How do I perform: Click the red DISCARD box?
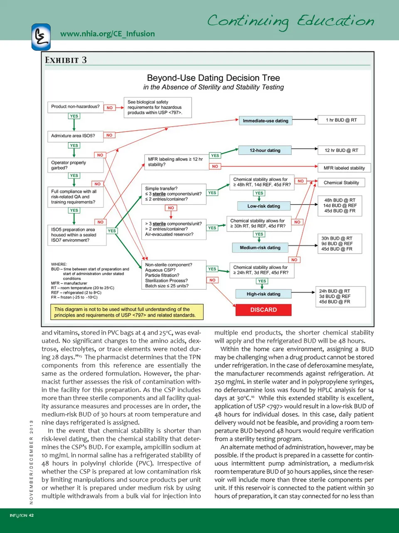263,310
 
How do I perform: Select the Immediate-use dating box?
265,121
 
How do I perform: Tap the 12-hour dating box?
265,150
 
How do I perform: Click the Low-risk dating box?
264,206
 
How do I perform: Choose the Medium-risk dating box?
260,247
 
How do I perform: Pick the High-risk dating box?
263,294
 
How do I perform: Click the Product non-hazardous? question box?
75,107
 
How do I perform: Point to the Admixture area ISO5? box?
73,136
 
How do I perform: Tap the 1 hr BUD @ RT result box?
341,120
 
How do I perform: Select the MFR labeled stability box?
344,168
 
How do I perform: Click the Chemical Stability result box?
341,183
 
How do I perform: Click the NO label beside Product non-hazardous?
110,108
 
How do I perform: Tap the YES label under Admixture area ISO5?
74,145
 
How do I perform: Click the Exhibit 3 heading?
66,60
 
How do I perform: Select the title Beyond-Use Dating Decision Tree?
213,78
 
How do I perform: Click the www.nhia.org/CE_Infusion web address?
107,34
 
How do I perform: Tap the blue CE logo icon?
41,37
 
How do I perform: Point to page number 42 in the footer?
31,516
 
